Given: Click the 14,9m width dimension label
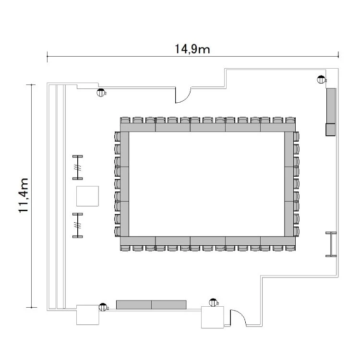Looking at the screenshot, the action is pos(192,49).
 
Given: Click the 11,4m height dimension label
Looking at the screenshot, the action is pos(24,195).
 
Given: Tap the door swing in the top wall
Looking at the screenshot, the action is pos(183,95).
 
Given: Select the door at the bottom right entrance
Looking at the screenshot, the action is pos(238,318).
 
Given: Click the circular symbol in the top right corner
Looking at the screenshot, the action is pos(321,80).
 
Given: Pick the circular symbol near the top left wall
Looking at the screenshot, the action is pos(100,93).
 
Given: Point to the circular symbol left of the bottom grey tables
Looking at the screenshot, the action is pos(103,307).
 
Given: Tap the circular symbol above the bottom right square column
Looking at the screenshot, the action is pos(213,302).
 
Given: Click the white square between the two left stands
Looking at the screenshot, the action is pos(87,196).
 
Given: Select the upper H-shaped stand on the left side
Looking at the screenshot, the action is pos(78,168).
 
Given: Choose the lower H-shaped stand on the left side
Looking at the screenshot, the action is pos(78,226).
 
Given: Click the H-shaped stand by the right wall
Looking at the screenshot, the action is pos(331,244).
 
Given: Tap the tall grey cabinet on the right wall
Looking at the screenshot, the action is pos(331,106).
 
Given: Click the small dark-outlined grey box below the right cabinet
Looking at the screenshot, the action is pos(331,130).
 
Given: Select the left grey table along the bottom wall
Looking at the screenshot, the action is pos(134,305).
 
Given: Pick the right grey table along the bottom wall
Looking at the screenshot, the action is pos(169,305).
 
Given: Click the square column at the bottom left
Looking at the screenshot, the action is pos(88,315).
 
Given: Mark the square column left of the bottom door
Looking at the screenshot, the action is pos(213,317).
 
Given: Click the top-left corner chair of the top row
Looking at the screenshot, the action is pos(125,120).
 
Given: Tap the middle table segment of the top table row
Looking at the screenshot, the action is pos(208,127).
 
